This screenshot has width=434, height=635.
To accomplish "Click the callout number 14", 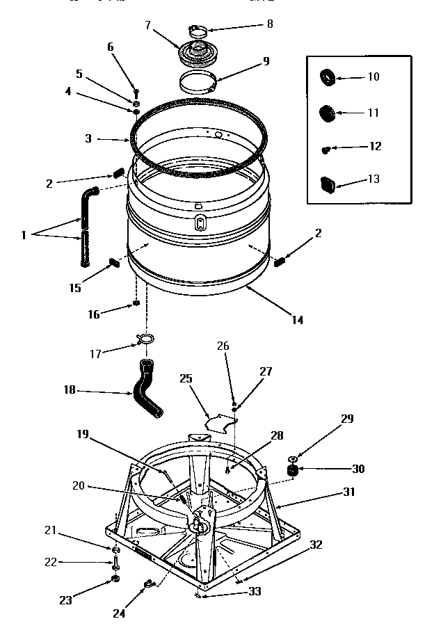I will point(297,320).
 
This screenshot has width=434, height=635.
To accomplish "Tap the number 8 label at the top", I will point(269,24).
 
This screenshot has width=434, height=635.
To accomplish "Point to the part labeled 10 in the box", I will point(328,76).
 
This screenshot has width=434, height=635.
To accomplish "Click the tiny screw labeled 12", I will point(325,148).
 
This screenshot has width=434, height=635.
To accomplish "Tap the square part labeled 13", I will point(327,183).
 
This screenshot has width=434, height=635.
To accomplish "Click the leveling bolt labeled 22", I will point(114,563).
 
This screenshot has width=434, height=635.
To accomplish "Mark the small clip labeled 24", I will point(147,584).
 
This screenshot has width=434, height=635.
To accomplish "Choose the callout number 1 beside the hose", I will point(23,235).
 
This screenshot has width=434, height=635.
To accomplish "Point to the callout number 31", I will point(348,492).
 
